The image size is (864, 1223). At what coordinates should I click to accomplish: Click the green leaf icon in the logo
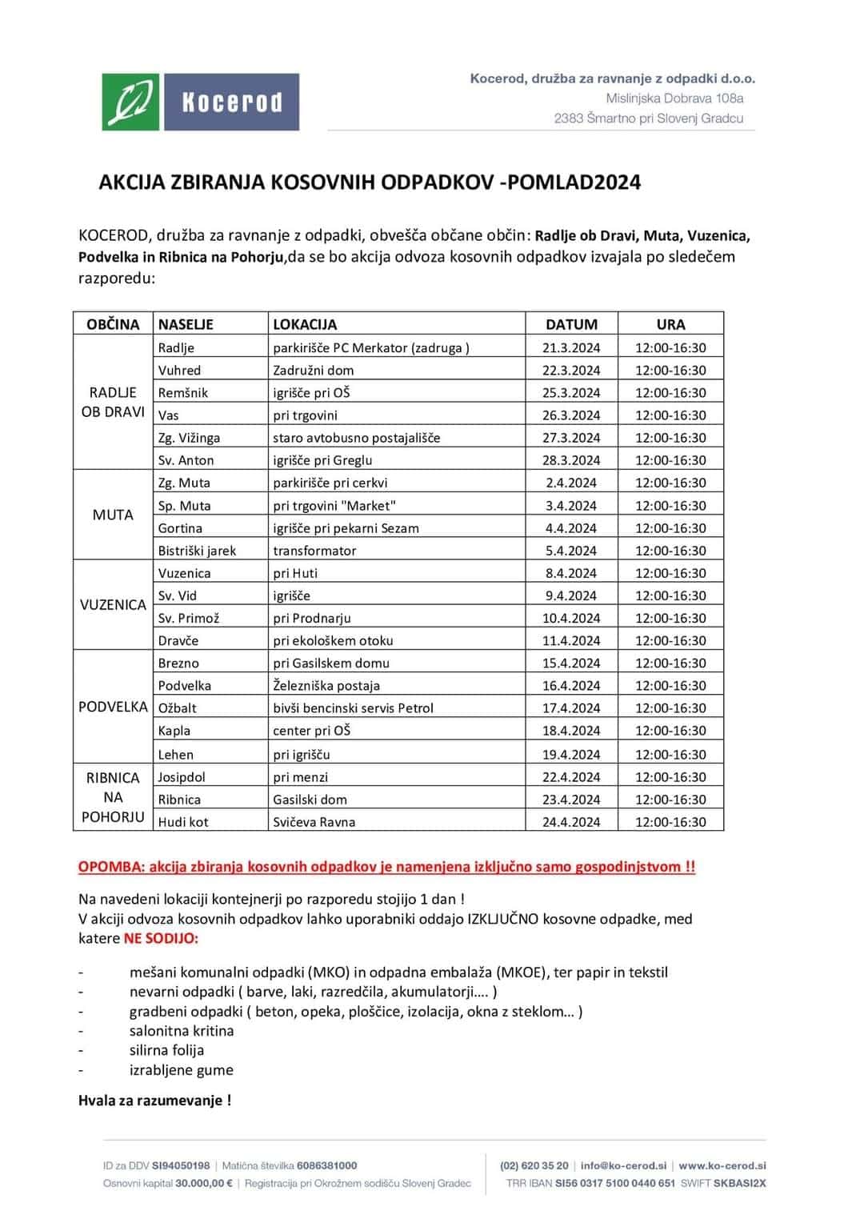(131, 102)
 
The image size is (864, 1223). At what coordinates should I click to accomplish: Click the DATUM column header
(571, 324)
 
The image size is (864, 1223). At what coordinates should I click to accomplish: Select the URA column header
(670, 324)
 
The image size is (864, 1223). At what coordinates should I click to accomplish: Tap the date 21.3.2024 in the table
(571, 347)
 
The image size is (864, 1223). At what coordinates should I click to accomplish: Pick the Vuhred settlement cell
(180, 370)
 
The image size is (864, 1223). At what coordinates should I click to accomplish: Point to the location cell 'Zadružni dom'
(314, 370)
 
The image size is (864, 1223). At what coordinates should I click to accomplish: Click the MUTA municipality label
(113, 515)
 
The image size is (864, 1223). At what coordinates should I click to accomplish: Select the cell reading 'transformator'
(314, 551)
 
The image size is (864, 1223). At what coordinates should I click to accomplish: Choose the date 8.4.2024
(571, 573)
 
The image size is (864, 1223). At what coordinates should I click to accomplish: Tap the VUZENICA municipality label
(113, 605)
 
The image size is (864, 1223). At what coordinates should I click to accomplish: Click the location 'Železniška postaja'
(326, 685)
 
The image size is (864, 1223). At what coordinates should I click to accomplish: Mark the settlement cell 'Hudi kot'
(183, 821)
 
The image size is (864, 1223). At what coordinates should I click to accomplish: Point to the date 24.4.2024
(571, 821)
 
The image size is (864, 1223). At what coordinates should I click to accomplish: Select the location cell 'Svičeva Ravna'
(314, 821)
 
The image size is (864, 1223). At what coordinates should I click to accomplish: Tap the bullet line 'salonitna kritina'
(182, 1031)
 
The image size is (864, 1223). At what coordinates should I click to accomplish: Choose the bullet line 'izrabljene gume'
(182, 1070)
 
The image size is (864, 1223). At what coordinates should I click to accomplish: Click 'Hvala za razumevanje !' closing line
(155, 1101)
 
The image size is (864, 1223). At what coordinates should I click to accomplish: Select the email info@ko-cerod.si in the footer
(623, 1165)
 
